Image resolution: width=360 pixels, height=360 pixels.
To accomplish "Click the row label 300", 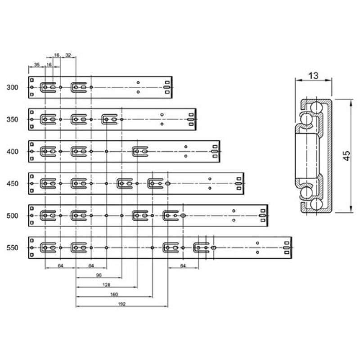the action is [13, 87].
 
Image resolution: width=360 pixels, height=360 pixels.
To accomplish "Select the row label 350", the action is [13, 120].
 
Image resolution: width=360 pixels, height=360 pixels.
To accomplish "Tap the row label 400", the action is [13, 152].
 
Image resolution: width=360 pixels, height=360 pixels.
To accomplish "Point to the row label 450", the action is [13, 184].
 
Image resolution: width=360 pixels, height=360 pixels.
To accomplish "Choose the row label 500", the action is [13, 216].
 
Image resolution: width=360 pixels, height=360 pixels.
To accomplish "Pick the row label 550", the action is [13, 248].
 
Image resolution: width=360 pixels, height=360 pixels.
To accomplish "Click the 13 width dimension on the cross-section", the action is [313, 76].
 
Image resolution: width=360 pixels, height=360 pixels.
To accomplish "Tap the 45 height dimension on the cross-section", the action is [346, 156].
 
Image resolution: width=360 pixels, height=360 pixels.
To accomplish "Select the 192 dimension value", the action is [121, 304].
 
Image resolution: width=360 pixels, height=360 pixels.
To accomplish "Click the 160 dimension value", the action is [114, 294].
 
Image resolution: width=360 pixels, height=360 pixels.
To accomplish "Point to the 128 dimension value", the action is [106, 285].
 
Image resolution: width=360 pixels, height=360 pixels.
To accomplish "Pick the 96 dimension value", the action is [99, 275].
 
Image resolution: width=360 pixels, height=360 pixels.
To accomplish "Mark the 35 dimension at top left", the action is [37, 65].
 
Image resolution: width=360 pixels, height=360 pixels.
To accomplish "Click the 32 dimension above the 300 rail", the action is [68, 55].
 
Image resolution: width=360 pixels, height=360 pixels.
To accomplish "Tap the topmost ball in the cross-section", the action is [316, 107].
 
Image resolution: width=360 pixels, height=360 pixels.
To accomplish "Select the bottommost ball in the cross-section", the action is [316, 204].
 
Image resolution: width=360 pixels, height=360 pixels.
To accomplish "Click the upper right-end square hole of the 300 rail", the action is [167, 83].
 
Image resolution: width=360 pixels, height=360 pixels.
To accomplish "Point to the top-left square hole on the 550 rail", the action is [32, 241].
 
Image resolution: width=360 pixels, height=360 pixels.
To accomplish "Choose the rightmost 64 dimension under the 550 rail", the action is [183, 265].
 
